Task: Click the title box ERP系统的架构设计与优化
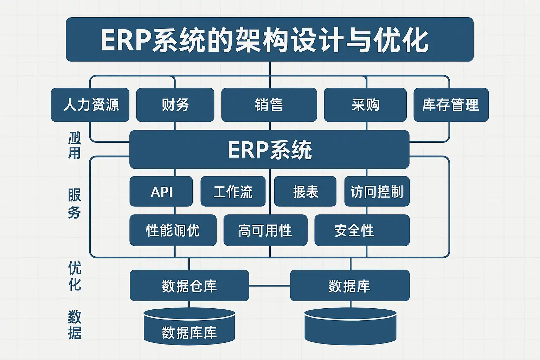click(270, 39)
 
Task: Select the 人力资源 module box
click(90, 105)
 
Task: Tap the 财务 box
click(175, 105)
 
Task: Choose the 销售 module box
click(269, 105)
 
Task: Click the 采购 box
click(365, 105)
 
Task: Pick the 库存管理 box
click(451, 105)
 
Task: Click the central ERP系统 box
click(269, 150)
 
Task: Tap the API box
click(161, 192)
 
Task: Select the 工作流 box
click(233, 192)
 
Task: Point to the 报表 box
click(305, 192)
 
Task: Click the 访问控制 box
click(377, 192)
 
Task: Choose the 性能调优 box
click(173, 230)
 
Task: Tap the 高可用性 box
click(265, 230)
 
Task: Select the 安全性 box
click(362, 230)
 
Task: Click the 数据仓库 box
click(189, 285)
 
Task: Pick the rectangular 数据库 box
click(350, 285)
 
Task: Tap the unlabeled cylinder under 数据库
click(350, 327)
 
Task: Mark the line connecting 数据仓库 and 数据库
click(269, 285)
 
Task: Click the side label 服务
click(75, 204)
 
